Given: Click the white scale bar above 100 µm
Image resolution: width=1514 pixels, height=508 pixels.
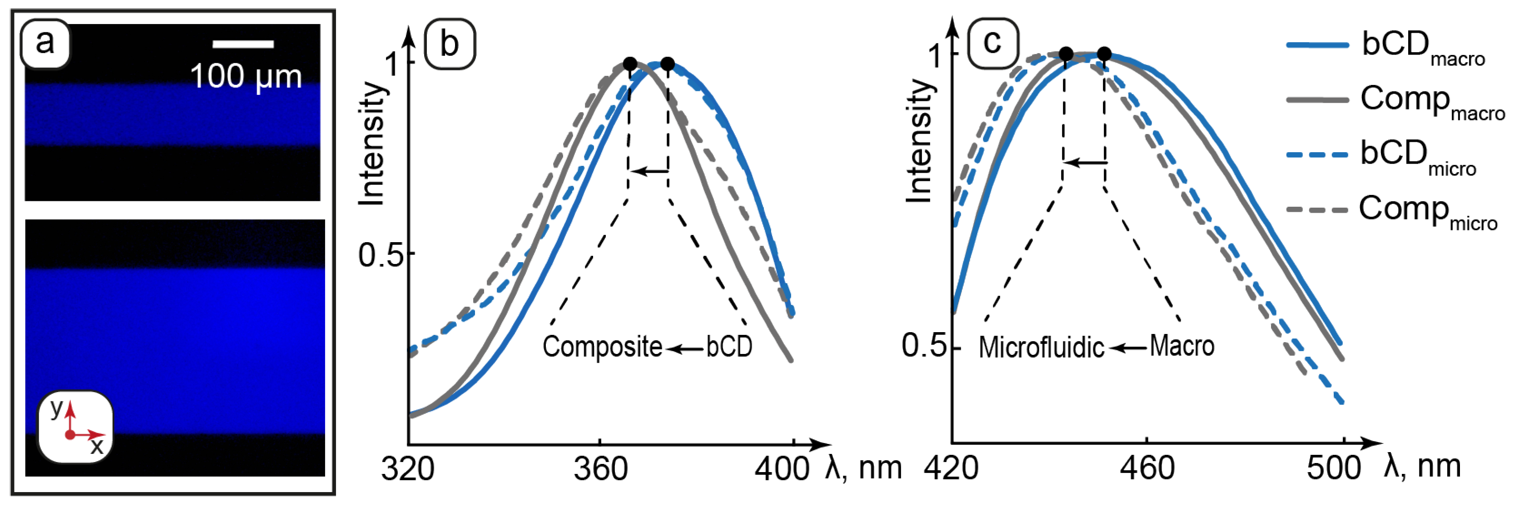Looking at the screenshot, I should click(x=243, y=44).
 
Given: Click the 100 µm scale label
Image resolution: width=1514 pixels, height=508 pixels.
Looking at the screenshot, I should click(x=246, y=76).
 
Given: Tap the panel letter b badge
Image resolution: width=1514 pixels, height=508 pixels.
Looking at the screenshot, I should click(x=450, y=44).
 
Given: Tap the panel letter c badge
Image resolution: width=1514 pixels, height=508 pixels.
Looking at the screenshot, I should click(x=992, y=43).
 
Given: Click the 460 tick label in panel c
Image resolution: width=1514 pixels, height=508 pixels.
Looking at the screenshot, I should click(x=1147, y=468).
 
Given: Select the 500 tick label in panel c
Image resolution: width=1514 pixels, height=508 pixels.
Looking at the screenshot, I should click(x=1332, y=468).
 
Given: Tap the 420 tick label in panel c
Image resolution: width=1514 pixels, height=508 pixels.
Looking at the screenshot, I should click(x=951, y=468).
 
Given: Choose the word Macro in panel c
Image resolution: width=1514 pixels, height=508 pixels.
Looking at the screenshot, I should click(x=1181, y=345).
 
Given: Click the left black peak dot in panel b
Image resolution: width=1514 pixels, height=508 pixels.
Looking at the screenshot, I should click(x=629, y=64).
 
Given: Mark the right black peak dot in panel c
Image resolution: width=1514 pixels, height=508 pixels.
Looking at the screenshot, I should click(x=1104, y=54).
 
